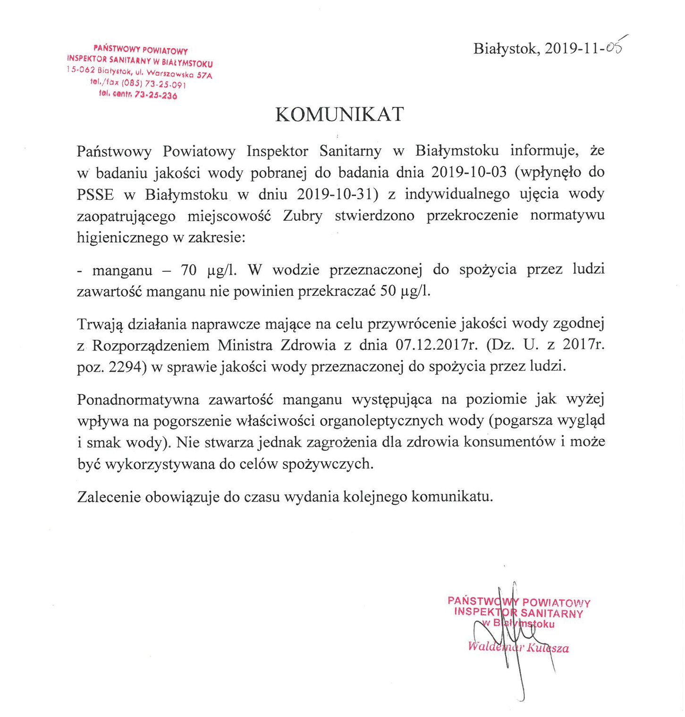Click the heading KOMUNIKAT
[339, 114]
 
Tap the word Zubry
[303, 216]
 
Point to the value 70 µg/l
[208, 270]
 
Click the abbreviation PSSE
[95, 194]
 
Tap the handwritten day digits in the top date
[613, 48]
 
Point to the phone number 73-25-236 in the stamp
[155, 95]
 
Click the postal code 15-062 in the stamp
[81, 70]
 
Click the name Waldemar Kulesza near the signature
[518, 647]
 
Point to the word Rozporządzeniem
[151, 346]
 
